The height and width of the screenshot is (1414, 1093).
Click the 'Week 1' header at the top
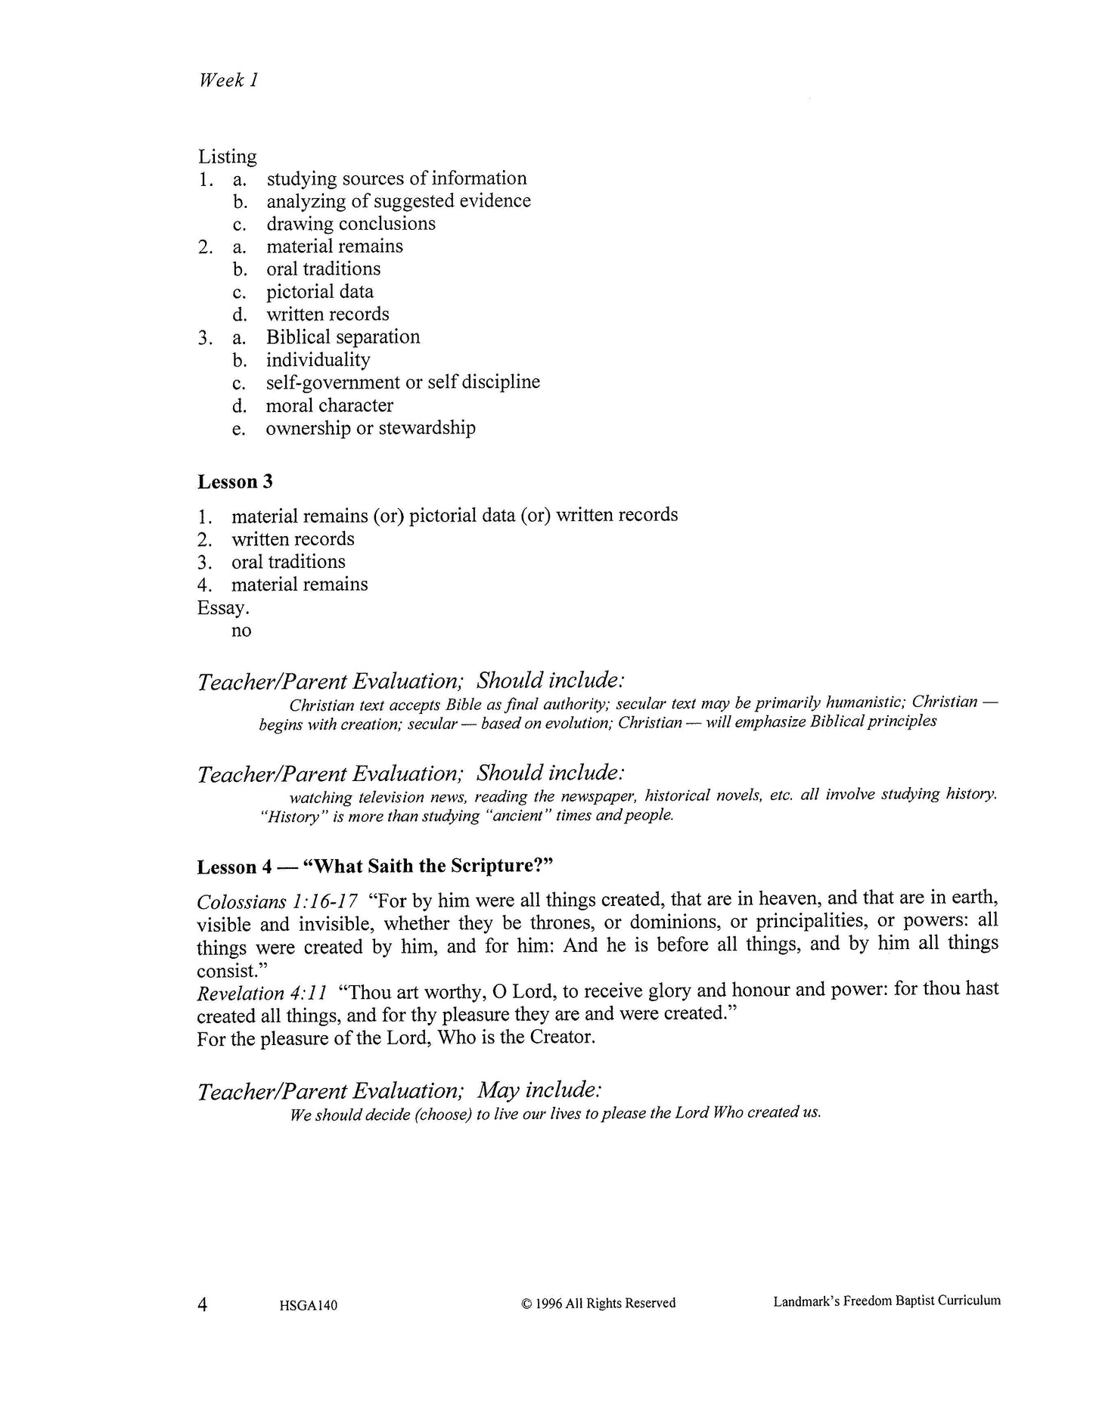tap(228, 80)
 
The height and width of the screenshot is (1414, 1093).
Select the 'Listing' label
tap(227, 157)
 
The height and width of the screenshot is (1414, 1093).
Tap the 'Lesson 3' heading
tap(234, 482)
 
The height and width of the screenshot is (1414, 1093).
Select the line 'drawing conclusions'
tap(350, 224)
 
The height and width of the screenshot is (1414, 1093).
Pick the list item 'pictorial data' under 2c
tap(319, 292)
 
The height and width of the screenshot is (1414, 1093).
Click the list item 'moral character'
tap(329, 405)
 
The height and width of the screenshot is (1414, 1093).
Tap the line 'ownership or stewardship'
tap(370, 428)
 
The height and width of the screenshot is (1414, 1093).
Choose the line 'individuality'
tap(318, 360)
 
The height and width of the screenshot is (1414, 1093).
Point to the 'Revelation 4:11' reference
tap(262, 992)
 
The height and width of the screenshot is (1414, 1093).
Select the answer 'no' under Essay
tap(241, 631)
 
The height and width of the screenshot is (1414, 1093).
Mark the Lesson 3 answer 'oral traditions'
tap(288, 562)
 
